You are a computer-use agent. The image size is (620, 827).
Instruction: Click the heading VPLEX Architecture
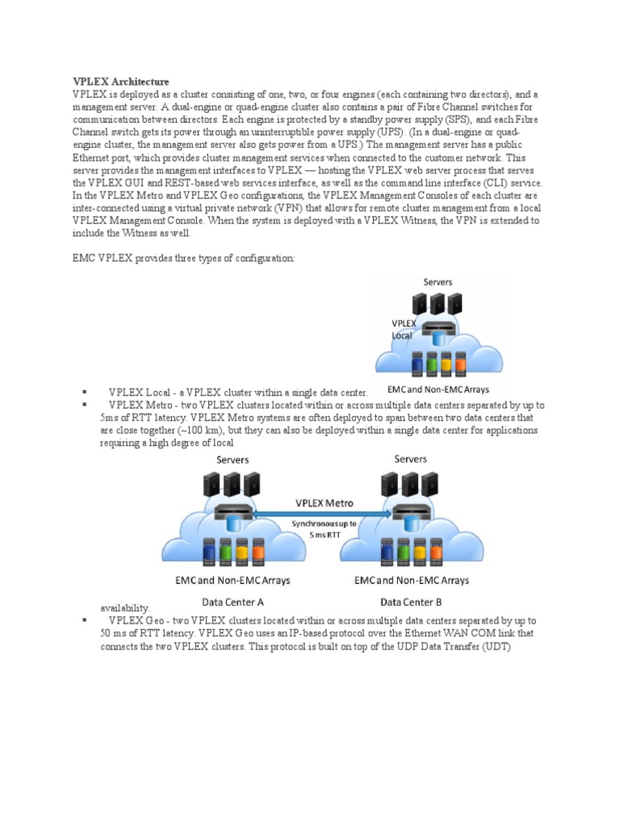point(121,82)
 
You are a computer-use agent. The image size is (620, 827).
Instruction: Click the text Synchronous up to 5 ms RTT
point(323,528)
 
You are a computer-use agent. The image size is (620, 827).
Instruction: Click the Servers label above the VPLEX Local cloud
point(438,282)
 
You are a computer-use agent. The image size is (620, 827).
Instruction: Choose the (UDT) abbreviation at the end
point(496,646)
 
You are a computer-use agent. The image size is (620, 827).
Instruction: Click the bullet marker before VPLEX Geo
point(84,620)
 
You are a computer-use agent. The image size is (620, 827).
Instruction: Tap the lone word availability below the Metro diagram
point(125,608)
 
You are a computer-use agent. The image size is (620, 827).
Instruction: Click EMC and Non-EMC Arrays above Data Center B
point(412,580)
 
